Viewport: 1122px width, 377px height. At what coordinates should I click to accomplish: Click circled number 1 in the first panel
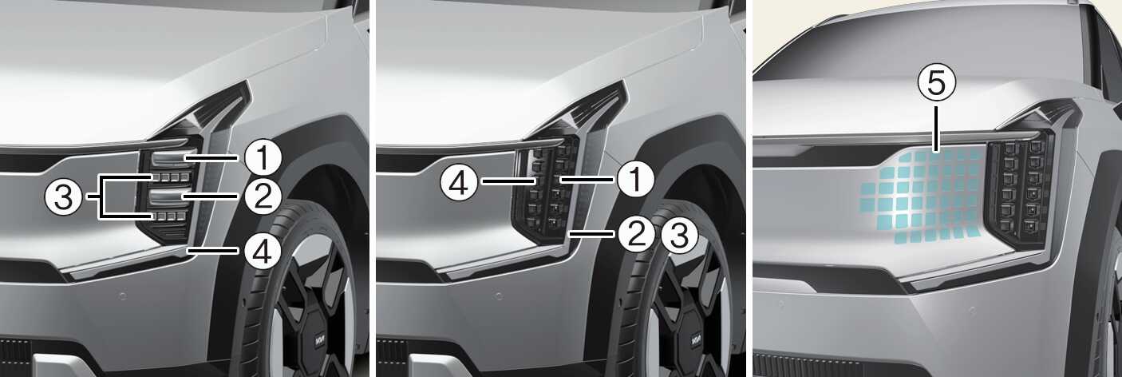(x=263, y=157)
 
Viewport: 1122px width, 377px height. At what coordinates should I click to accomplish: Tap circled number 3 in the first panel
(x=64, y=197)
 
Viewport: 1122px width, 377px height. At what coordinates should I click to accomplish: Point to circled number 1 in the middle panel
(x=636, y=180)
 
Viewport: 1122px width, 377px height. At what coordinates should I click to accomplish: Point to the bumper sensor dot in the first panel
(x=122, y=296)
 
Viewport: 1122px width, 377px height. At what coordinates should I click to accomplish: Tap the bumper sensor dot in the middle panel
(x=498, y=296)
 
